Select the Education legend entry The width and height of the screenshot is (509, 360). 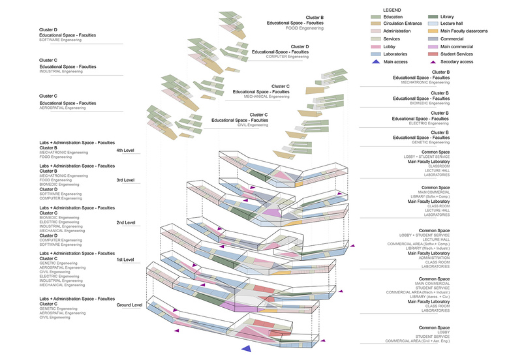(x=395, y=17)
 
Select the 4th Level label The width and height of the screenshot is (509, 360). (x=125, y=151)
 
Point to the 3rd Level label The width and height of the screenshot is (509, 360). (x=125, y=180)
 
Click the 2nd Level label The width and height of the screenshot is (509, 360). (x=125, y=222)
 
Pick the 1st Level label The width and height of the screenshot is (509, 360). (x=125, y=260)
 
